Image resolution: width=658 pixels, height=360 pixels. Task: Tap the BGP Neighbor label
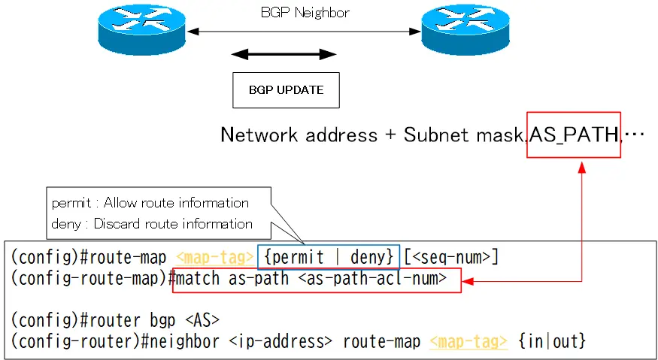point(305,13)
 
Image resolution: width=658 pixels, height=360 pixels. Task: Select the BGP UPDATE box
point(287,90)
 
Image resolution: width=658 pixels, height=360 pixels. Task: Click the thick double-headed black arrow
point(284,54)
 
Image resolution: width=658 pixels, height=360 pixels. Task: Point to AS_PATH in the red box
point(574,135)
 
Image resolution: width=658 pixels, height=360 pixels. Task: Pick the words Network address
point(299,135)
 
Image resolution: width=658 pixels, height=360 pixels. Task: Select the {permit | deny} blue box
point(329,257)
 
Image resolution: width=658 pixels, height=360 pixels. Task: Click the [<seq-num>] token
point(451,257)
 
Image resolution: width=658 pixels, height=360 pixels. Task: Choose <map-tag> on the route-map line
point(215,257)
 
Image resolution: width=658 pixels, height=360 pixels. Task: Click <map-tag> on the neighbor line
point(468,341)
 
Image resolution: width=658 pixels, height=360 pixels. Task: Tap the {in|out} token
point(552,341)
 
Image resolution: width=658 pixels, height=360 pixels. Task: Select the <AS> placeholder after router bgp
point(202,321)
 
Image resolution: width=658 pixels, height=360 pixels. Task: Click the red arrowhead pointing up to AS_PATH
point(581,167)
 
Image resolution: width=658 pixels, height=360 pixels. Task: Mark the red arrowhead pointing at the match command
point(468,281)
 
